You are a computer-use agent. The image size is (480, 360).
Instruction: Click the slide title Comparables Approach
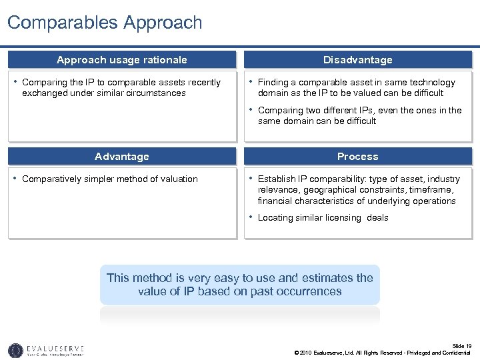coord(105,23)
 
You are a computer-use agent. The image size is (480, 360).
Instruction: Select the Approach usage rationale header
coord(122,60)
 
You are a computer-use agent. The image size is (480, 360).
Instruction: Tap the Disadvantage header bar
coord(357,60)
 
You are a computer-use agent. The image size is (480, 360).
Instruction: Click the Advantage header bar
coord(122,157)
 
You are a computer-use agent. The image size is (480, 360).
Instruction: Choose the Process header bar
coord(357,157)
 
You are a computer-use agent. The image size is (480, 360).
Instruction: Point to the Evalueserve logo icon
coord(15,350)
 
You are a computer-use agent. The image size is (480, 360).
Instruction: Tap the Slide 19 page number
coord(461,345)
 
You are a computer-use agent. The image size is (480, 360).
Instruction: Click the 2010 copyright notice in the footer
coord(382,353)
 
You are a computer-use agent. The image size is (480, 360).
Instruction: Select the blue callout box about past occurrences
coord(240,285)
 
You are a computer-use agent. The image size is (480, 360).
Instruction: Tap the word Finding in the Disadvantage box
coord(273,83)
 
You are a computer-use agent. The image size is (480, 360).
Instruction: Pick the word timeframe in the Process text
coord(412,190)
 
